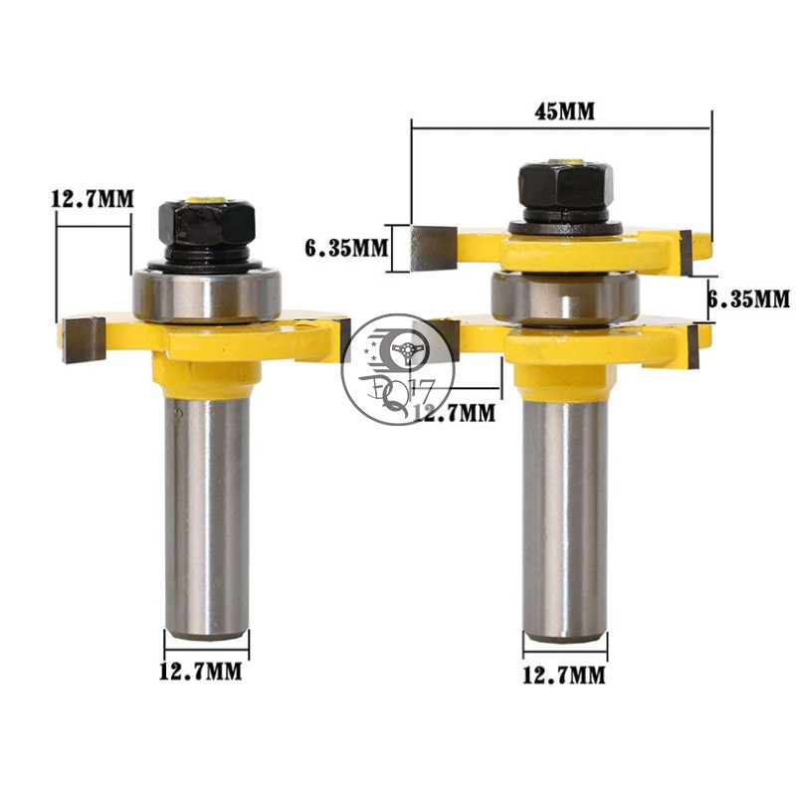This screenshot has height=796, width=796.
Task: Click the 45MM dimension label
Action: pos(563,111)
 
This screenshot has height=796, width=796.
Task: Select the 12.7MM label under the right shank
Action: pos(564,676)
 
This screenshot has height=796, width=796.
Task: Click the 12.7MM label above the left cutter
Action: pos(92,198)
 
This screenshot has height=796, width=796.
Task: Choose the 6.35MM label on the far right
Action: pos(747,298)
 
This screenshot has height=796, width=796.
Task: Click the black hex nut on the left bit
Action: pos(205,225)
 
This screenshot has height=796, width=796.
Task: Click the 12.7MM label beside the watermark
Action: pos(454,410)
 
